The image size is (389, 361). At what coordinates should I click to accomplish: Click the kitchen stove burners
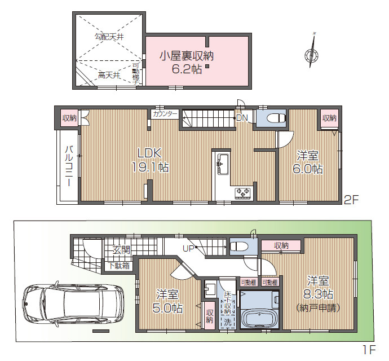coord(243,192)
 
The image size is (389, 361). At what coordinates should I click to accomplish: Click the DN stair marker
coord(241,118)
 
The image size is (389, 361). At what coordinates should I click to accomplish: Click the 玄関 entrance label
coord(121,249)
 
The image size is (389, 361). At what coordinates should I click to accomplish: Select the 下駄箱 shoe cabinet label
coord(119,265)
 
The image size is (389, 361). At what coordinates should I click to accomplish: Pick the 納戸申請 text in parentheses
coord(319,308)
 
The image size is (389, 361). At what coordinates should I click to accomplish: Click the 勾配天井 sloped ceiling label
coord(109,37)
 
